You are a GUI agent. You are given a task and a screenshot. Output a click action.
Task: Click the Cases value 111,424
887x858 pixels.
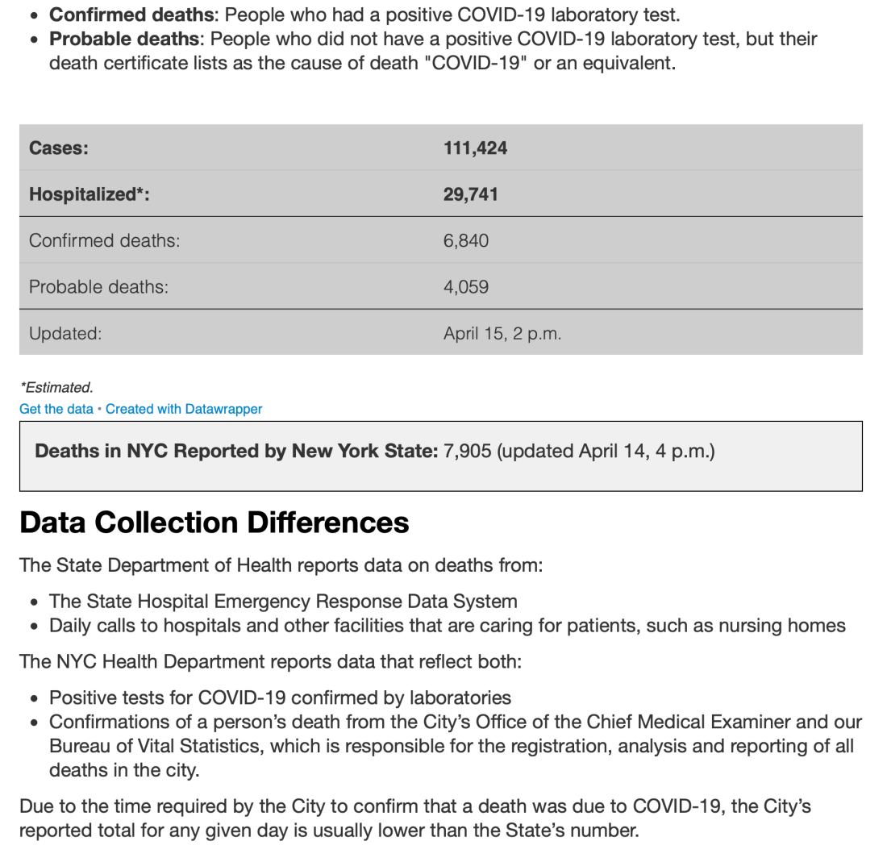click(x=475, y=148)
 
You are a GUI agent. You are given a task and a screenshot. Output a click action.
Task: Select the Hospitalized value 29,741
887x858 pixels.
click(x=470, y=194)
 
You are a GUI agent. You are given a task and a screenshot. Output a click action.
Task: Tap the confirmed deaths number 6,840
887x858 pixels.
click(x=465, y=240)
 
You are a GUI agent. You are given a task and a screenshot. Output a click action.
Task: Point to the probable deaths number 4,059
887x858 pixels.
click(x=465, y=287)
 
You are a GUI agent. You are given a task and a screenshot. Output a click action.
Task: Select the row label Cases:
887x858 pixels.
click(x=59, y=148)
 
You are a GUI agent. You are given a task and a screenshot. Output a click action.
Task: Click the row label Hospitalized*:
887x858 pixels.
click(x=90, y=194)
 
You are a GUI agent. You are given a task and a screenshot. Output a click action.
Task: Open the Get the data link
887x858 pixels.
click(x=56, y=409)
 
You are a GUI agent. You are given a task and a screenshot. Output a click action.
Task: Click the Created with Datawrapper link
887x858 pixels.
click(x=184, y=409)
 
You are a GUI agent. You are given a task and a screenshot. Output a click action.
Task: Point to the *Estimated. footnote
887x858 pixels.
click(x=56, y=388)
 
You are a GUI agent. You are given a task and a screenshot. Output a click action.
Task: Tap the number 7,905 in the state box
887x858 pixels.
click(x=468, y=451)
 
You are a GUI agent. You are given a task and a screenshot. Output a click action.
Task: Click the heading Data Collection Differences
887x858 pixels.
click(x=214, y=523)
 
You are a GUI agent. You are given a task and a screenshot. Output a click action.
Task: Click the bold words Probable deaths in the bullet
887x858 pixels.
click(x=124, y=39)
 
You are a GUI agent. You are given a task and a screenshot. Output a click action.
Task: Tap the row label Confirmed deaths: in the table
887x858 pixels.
click(x=105, y=240)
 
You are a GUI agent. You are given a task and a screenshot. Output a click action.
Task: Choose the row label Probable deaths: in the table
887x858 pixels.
click(x=99, y=287)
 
